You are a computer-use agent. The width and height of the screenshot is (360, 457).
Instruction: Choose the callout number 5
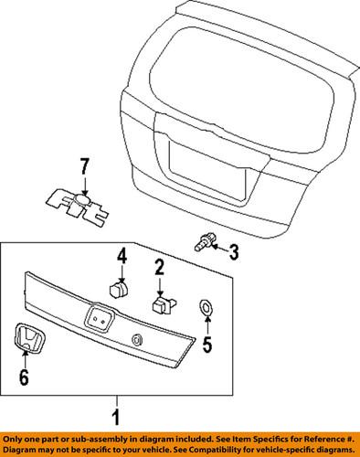click(x=206, y=345)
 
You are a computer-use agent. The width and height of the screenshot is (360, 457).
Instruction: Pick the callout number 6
click(x=24, y=374)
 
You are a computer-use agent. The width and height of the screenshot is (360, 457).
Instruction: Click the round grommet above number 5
click(x=206, y=307)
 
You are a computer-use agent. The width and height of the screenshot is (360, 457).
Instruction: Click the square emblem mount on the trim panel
click(x=98, y=321)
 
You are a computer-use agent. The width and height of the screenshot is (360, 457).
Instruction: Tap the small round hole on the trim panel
click(x=138, y=341)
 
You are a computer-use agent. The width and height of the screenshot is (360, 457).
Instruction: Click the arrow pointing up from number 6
click(x=24, y=359)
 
